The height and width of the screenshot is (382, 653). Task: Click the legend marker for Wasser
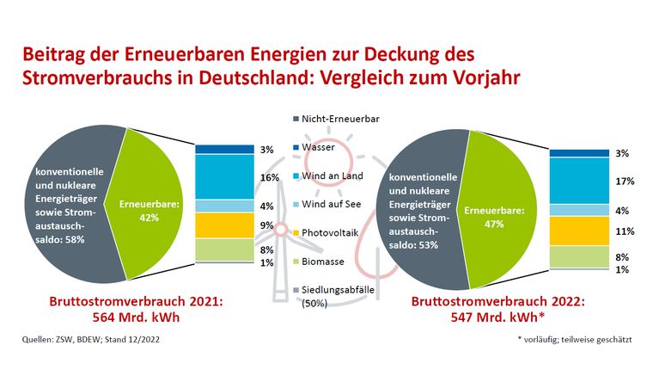pyautogui.click(x=295, y=147)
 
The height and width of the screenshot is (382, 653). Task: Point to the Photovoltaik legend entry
pyautogui.click(x=330, y=232)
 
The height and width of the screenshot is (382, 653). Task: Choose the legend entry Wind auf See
pyautogui.click(x=330, y=204)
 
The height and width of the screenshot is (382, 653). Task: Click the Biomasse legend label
pyautogui.click(x=326, y=261)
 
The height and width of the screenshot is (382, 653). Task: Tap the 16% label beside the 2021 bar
pyautogui.click(x=266, y=177)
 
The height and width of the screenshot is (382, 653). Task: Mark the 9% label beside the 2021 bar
pyautogui.click(x=266, y=226)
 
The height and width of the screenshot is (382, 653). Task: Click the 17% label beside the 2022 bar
pyautogui.click(x=625, y=182)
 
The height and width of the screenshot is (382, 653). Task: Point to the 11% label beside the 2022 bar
pyautogui.click(x=625, y=231)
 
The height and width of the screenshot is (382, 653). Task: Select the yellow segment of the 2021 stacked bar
pyautogui.click(x=218, y=225)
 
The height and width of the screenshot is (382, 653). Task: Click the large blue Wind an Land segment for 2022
pyautogui.click(x=573, y=181)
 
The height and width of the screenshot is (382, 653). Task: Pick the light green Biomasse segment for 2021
pyautogui.click(x=218, y=249)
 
